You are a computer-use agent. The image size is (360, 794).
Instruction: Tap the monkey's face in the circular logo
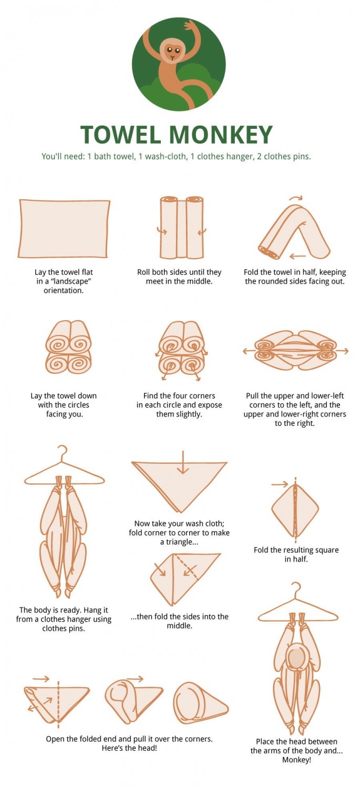pos(172,52)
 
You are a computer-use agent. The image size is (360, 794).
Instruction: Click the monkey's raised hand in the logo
pos(189,25)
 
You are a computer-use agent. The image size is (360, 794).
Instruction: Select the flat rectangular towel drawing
pos(64,228)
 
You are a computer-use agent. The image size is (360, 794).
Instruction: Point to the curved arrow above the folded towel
pos(296,198)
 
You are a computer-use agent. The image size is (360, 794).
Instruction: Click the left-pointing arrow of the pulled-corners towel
pos(248,350)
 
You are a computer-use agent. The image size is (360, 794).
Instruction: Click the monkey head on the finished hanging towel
pos(296,658)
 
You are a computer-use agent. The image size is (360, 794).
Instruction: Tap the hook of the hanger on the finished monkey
pos(296,587)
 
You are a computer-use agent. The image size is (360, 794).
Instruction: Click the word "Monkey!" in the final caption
pos(296,760)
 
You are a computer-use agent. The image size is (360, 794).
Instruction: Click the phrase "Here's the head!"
pos(129,748)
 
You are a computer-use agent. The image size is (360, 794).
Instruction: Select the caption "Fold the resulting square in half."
pos(296,554)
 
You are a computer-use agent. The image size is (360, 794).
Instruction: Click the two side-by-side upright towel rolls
pos(181,228)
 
